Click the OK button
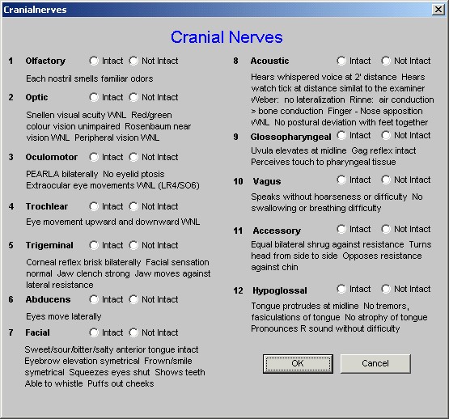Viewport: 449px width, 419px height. click(x=298, y=363)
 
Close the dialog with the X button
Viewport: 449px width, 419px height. click(x=438, y=10)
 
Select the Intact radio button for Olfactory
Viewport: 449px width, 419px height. click(x=94, y=61)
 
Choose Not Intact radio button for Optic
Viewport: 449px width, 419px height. click(x=133, y=97)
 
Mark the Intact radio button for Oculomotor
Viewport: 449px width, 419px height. click(x=94, y=157)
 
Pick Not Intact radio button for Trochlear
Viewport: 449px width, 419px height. click(x=133, y=206)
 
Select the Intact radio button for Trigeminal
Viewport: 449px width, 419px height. click(x=94, y=245)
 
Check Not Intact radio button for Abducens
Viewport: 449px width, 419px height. click(x=133, y=299)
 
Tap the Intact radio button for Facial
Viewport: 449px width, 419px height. click(x=94, y=332)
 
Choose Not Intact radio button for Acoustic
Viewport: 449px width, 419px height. click(x=386, y=61)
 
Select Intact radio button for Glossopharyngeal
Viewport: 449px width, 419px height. click(x=341, y=135)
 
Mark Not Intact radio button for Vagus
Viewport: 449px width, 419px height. click(x=386, y=180)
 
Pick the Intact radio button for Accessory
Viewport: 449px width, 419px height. click(x=341, y=229)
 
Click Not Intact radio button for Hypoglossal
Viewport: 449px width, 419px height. click(x=386, y=289)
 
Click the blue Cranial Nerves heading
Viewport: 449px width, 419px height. click(x=227, y=37)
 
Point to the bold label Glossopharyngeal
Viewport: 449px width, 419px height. click(x=290, y=138)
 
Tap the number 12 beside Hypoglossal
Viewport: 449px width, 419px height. click(x=238, y=290)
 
